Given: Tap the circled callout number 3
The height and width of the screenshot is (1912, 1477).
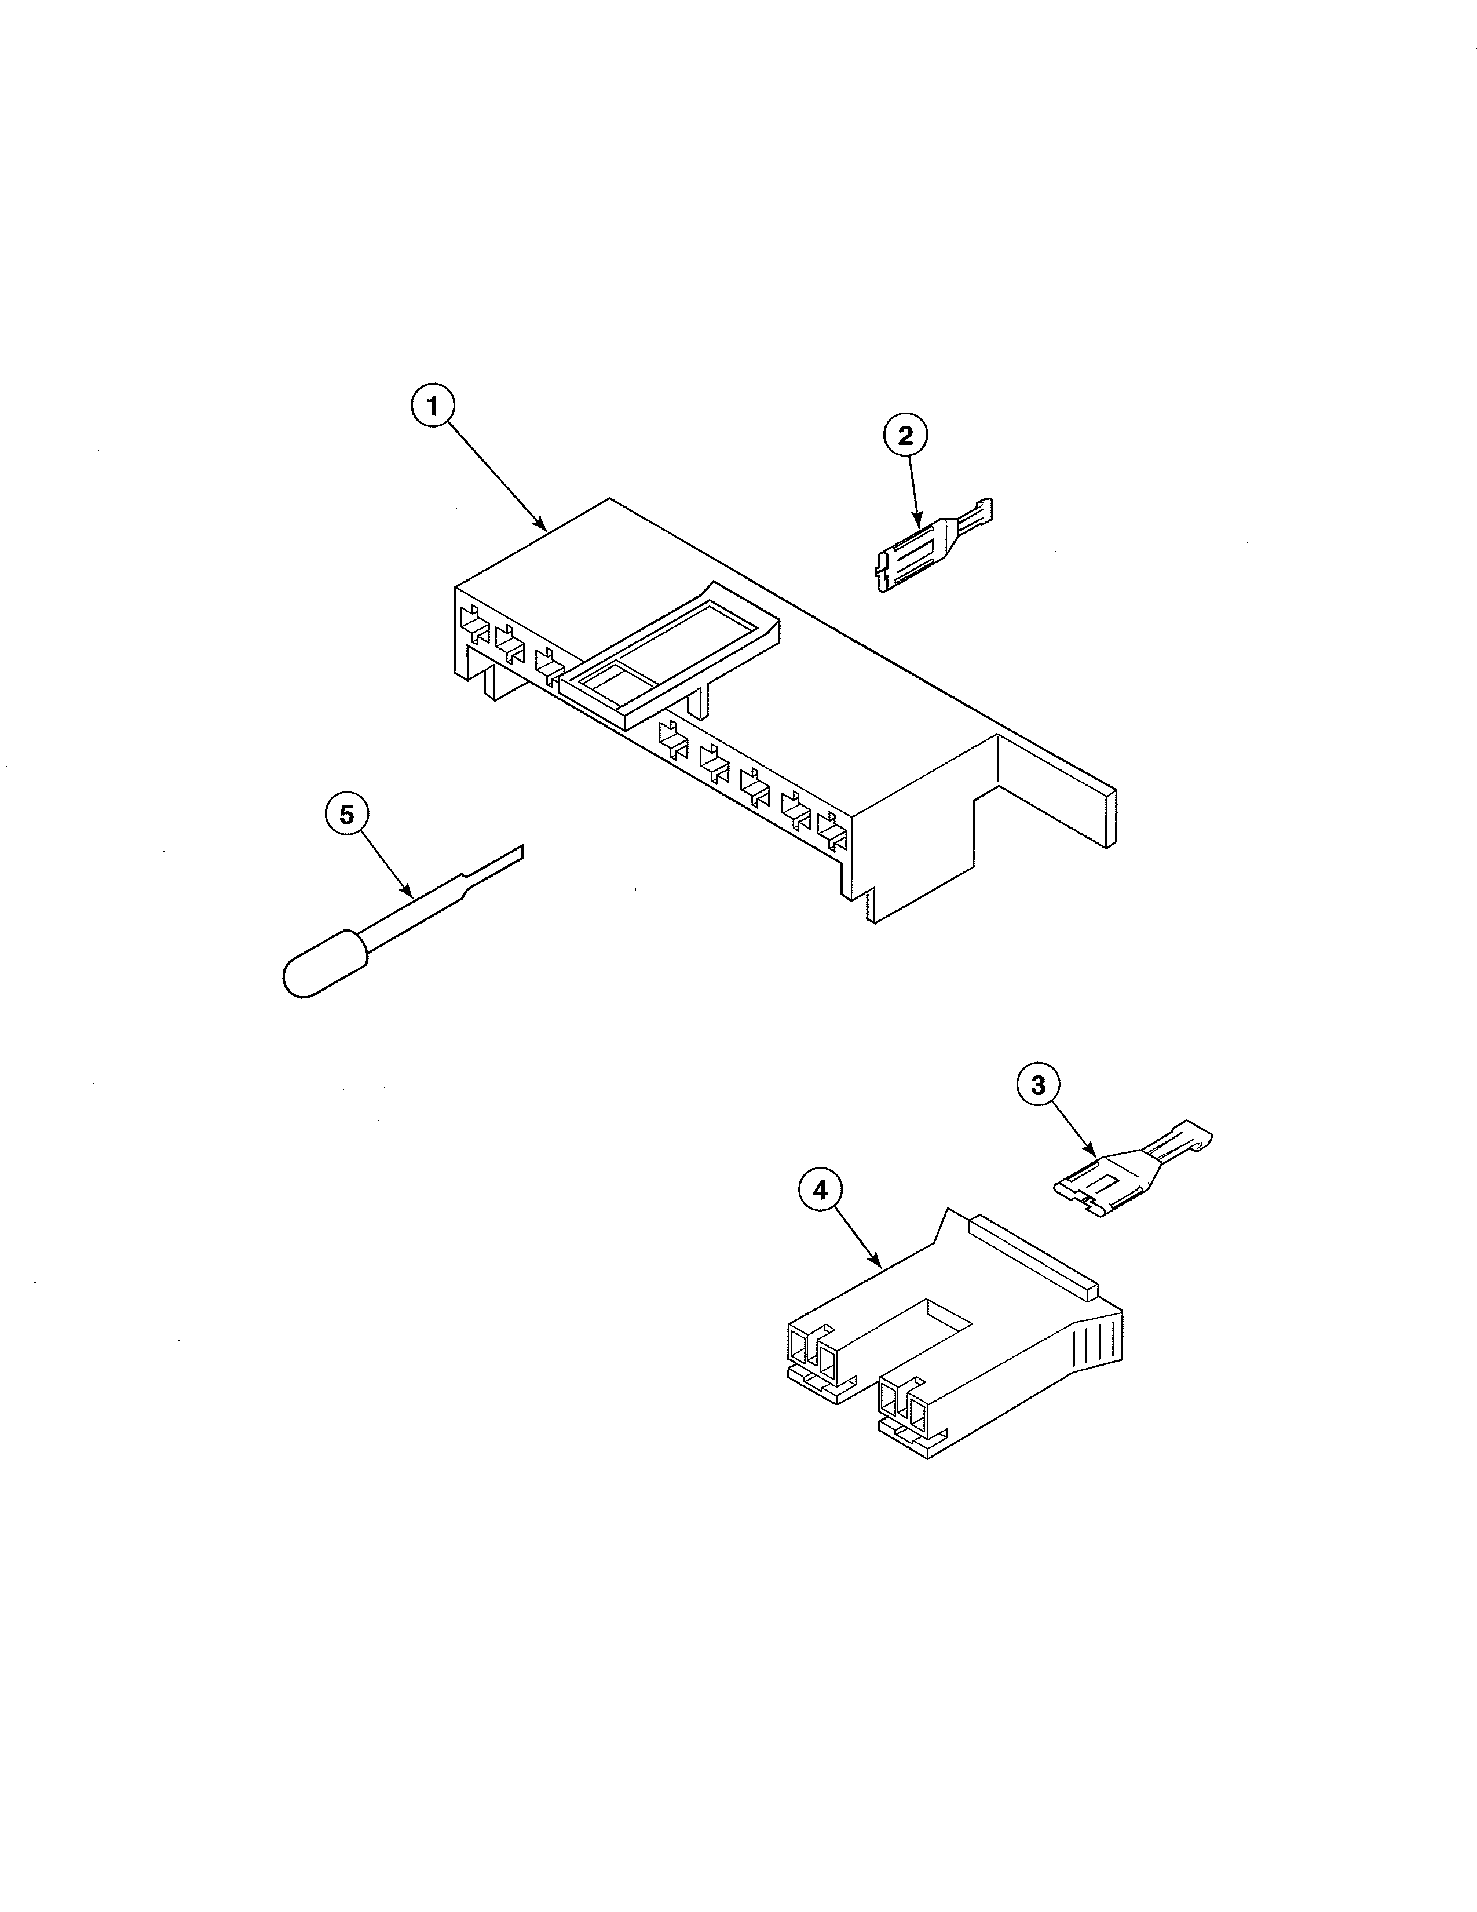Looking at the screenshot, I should coord(1038,1086).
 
